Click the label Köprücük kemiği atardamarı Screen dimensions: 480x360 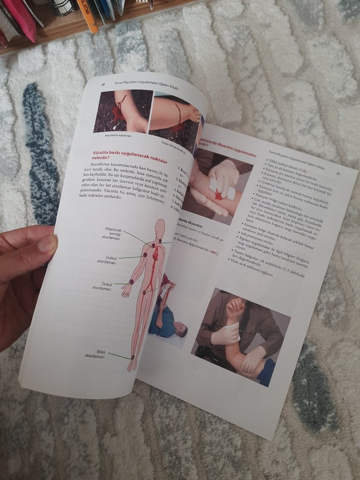[x=113, y=233]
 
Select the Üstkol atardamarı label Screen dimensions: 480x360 [x=107, y=260]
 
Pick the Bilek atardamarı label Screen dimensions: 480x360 [x=95, y=354]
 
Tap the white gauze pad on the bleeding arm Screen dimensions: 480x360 [x=222, y=189]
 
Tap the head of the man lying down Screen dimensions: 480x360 [x=180, y=331]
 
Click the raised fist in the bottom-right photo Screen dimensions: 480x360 [x=234, y=307]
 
